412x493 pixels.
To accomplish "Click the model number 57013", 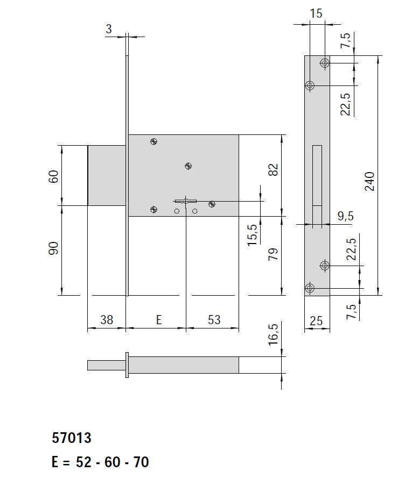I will click(x=72, y=438).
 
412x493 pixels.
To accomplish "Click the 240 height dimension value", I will click(x=369, y=182).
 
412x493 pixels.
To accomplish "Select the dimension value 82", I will click(x=274, y=169).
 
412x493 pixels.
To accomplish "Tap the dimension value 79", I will click(x=274, y=254).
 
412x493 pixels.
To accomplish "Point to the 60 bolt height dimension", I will click(x=53, y=176).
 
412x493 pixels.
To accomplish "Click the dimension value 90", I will click(x=53, y=248).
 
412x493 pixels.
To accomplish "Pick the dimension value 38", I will click(x=107, y=320).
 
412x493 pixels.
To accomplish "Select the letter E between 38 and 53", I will click(x=158, y=320).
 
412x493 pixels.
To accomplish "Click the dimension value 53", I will click(x=214, y=320).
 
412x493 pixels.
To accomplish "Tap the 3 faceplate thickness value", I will click(x=109, y=29).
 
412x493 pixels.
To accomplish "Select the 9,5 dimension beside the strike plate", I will click(x=345, y=216).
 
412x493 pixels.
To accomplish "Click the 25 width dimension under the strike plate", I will click(x=317, y=321).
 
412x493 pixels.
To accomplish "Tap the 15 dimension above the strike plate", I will click(x=317, y=13).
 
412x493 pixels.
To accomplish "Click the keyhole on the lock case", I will click(x=185, y=202).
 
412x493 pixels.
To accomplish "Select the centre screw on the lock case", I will click(x=188, y=166).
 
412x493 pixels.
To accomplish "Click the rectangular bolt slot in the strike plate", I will click(x=317, y=175).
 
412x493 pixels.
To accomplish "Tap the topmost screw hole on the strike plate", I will click(x=324, y=63).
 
